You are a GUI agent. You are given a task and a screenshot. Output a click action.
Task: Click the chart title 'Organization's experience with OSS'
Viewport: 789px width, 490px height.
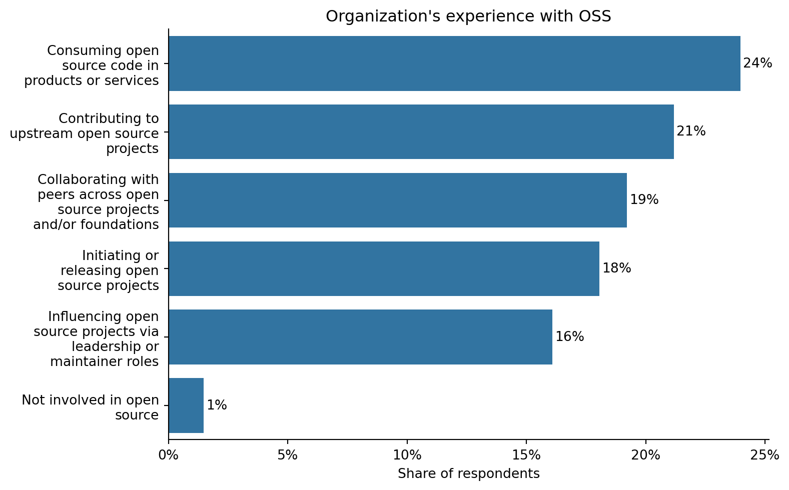tap(468, 16)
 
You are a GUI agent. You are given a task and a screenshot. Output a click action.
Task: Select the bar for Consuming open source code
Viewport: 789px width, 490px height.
tap(454, 63)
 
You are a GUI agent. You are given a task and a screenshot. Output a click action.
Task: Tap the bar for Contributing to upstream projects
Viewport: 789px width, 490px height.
tap(421, 132)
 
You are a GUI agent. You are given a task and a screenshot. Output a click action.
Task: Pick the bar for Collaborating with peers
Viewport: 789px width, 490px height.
tap(397, 200)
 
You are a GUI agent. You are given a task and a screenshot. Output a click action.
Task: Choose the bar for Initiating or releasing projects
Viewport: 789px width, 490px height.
tap(384, 268)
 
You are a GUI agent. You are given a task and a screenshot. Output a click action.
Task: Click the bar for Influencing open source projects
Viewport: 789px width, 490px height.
tap(360, 337)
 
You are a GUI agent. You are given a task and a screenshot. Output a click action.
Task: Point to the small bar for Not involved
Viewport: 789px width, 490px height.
tap(186, 405)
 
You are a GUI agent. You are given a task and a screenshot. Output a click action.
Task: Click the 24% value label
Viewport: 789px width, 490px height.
tap(757, 63)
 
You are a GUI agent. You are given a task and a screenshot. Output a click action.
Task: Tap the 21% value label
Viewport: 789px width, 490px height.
tap(691, 131)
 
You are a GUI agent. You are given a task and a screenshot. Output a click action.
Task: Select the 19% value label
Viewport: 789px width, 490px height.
tap(644, 200)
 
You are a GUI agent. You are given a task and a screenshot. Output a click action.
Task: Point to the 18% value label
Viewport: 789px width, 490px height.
tap(616, 268)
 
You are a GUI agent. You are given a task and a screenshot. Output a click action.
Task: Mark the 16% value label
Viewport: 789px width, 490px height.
tap(569, 337)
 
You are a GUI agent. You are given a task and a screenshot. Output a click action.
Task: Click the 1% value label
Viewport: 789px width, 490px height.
tap(217, 405)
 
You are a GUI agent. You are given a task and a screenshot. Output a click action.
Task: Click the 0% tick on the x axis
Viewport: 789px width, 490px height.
tap(169, 455)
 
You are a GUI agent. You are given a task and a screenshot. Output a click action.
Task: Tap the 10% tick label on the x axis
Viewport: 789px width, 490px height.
tap(407, 455)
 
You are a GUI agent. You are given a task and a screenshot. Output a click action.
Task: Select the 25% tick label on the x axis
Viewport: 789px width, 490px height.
tap(765, 455)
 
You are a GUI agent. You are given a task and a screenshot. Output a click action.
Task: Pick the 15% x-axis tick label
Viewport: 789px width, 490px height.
tap(526, 455)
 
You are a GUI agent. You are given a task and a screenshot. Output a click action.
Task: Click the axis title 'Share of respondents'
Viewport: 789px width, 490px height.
tap(468, 474)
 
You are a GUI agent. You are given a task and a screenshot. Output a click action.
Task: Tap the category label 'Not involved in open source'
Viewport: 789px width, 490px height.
tap(91, 407)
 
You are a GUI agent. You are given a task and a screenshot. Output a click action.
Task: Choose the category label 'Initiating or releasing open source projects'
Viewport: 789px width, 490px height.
tap(109, 270)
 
